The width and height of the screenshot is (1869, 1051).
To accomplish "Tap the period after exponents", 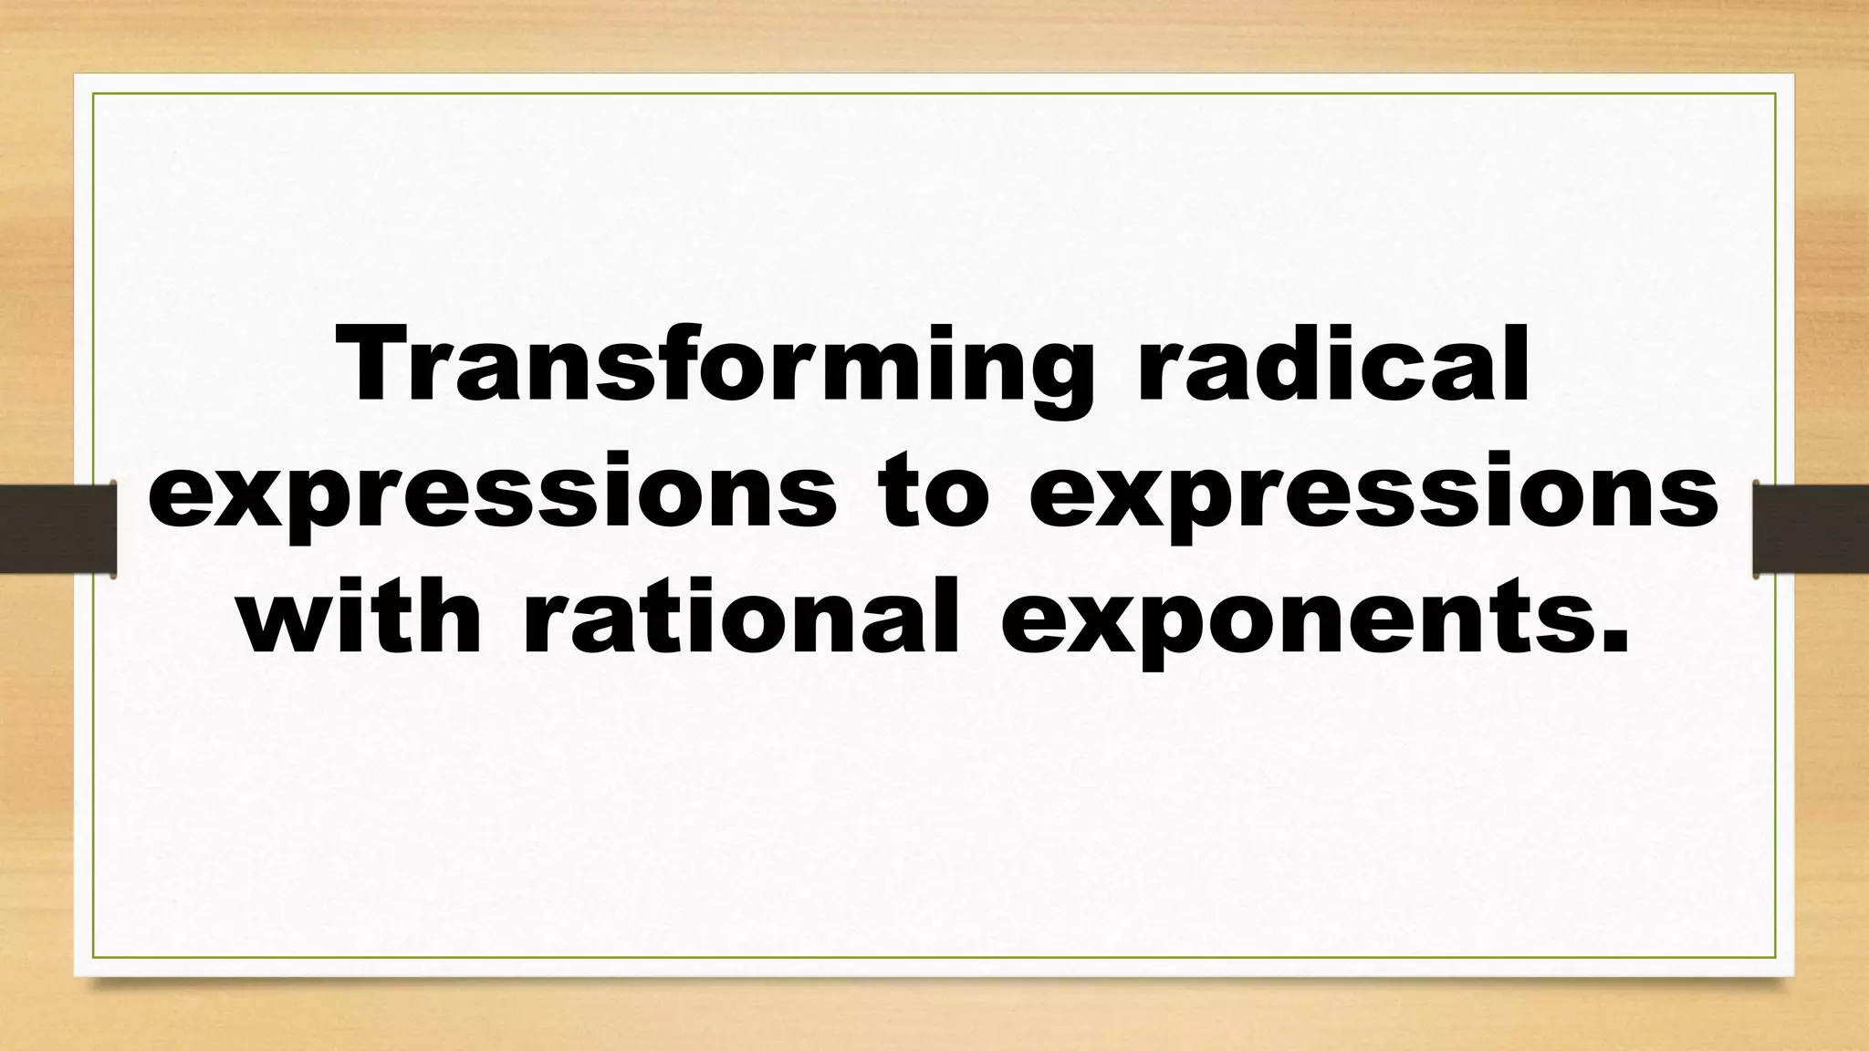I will click(x=1614, y=644).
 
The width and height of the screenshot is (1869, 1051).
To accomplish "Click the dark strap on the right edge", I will click(x=1811, y=530).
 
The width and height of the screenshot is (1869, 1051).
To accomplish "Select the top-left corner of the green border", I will click(x=94, y=94).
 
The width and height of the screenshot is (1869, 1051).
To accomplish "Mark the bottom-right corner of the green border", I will click(x=1775, y=957).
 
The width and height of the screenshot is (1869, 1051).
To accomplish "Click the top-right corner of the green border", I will click(x=1775, y=94).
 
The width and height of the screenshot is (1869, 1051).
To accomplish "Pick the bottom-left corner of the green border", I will click(x=94, y=957).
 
